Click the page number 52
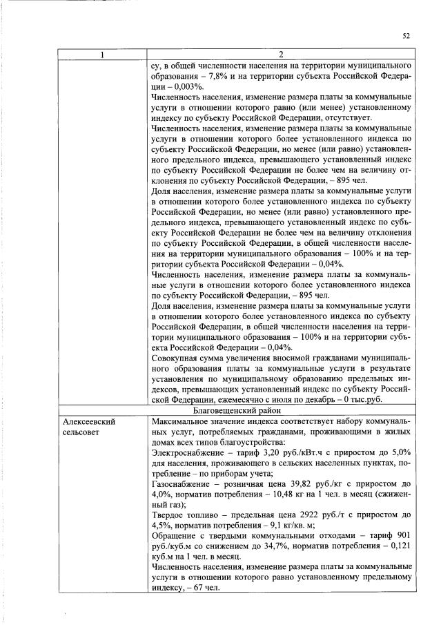pyautogui.click(x=406, y=36)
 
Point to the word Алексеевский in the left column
pyautogui.click(x=88, y=421)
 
